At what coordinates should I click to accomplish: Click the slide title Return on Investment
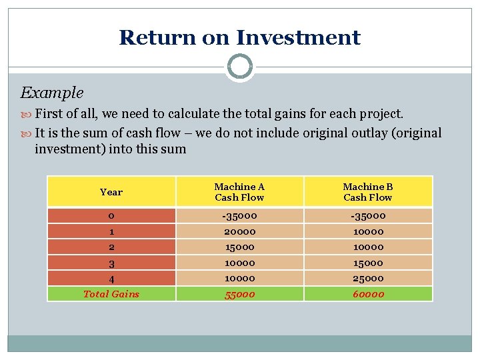point(239,37)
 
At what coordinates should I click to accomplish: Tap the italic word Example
point(52,93)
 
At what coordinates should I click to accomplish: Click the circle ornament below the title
point(239,67)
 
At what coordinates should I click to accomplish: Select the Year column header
point(111,192)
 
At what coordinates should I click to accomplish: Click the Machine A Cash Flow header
point(239,192)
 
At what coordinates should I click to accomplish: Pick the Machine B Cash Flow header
point(368,192)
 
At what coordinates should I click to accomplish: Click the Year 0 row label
point(111,215)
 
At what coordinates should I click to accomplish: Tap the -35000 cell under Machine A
point(239,215)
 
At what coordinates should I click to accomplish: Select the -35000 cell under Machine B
point(368,215)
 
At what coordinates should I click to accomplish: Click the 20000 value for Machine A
point(239,231)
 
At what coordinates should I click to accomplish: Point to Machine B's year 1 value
point(368,231)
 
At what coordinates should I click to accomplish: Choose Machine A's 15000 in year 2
point(239,247)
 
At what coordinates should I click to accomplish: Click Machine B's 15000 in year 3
point(368,263)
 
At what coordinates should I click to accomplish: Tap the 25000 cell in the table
point(368,278)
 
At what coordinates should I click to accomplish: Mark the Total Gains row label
point(111,294)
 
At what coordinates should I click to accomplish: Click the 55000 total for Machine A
point(239,294)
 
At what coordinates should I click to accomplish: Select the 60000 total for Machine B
point(368,294)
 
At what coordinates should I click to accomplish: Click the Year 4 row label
point(111,278)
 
